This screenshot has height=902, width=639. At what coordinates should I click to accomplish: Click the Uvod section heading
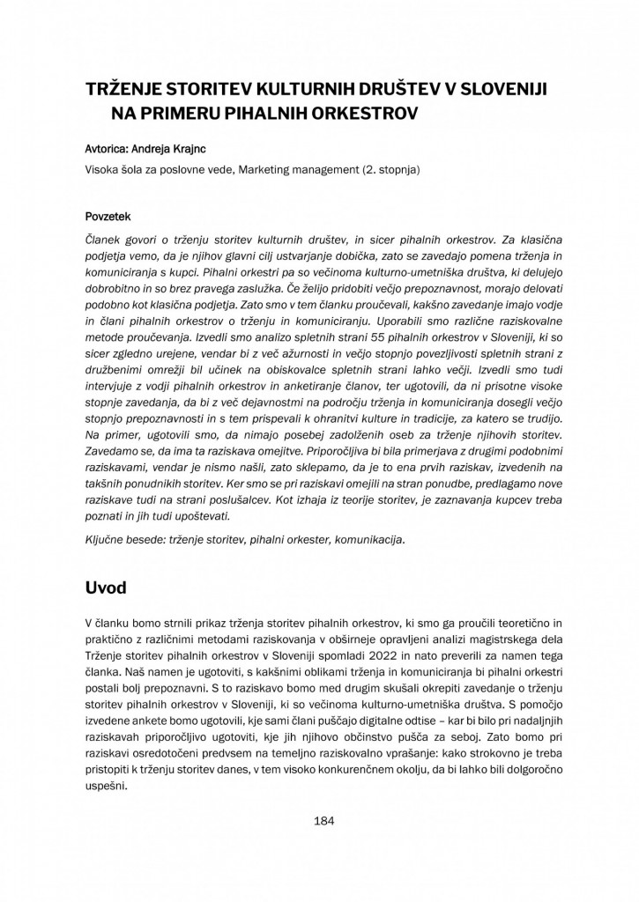click(x=104, y=586)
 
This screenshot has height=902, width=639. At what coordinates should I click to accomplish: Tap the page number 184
click(x=323, y=821)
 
